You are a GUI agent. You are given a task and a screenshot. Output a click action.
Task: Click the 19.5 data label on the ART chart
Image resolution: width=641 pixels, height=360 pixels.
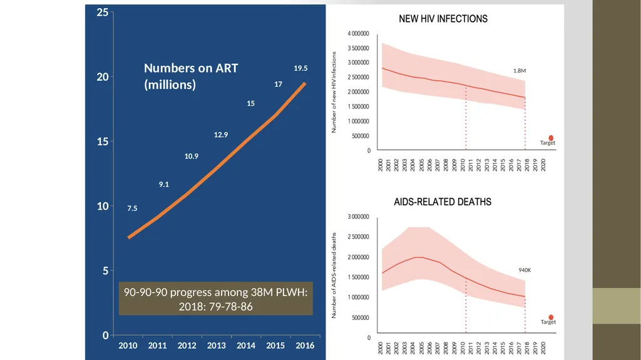[300, 68]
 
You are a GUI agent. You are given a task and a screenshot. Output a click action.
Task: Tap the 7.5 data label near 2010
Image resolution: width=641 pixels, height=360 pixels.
[132, 208]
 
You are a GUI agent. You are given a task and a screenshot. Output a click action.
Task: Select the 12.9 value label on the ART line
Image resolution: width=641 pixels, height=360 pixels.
[221, 135]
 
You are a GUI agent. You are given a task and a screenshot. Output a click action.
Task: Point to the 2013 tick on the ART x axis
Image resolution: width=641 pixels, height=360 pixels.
[216, 345]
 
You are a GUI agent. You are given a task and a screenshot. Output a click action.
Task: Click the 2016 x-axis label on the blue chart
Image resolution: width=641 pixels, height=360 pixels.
[305, 345]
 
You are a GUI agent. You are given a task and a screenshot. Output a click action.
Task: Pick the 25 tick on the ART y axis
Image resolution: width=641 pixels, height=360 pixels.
[103, 13]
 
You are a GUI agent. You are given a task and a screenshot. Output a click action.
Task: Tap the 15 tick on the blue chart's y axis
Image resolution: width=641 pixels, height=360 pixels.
[103, 141]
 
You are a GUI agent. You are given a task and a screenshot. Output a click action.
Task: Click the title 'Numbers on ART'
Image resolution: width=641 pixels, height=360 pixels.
[191, 68]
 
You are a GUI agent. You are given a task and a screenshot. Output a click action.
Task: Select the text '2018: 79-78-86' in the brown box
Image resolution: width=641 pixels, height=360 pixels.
[216, 306]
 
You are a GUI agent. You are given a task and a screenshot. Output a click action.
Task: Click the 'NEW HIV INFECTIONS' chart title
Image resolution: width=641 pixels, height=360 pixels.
[443, 19]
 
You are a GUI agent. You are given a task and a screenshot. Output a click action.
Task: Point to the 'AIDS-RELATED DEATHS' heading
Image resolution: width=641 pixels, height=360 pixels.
[443, 202]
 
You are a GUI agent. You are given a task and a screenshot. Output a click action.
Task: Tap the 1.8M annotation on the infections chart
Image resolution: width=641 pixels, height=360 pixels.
[520, 71]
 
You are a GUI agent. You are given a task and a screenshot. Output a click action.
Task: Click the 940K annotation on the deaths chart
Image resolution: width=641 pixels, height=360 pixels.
[525, 270]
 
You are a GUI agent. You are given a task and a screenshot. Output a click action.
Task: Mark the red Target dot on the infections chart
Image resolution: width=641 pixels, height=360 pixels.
[551, 138]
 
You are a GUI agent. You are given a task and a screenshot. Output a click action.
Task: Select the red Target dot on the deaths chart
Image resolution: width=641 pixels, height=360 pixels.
[551, 317]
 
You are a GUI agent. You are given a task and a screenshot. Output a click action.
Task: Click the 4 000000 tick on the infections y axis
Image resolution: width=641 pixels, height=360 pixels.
[358, 34]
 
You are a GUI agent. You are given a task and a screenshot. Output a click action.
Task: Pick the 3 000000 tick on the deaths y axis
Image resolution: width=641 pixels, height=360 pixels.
[358, 217]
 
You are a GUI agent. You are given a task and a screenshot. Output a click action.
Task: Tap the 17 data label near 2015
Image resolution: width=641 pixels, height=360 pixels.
[278, 85]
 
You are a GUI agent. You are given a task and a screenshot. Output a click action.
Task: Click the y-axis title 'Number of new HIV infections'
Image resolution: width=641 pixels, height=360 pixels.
[334, 92]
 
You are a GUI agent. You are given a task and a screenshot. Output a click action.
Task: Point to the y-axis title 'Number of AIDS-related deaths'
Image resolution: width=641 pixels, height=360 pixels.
[334, 275]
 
